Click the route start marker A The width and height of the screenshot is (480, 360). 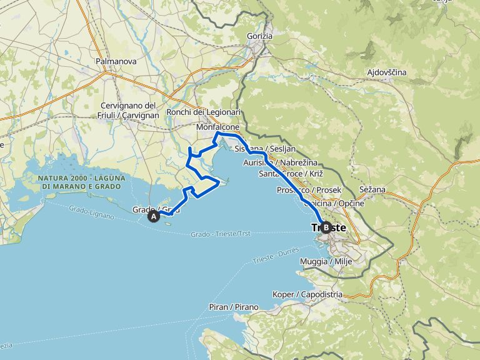coord(153,217)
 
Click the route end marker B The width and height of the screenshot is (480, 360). coord(326,228)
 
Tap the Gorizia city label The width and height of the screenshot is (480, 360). coord(259,36)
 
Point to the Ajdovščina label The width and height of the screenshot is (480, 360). coord(386,72)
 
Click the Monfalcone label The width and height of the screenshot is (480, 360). coord(217,127)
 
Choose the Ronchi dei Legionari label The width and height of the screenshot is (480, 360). coord(203,112)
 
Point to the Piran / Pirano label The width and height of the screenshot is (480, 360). coord(235,307)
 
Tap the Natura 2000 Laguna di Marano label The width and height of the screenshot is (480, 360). coord(82,182)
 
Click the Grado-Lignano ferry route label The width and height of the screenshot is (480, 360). coord(91,212)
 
